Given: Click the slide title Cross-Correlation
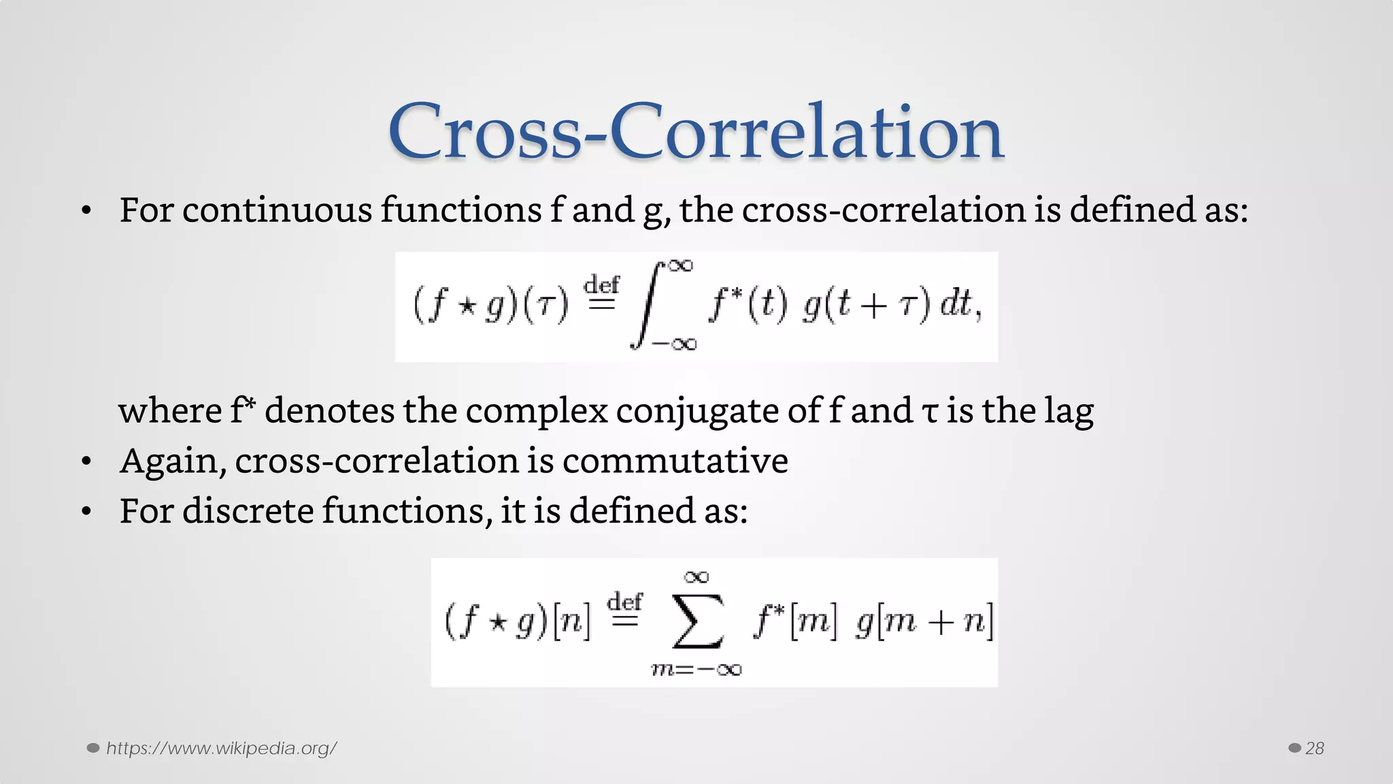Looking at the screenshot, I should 696,131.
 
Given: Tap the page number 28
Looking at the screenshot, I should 1314,749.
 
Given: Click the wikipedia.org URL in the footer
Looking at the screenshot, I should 222,749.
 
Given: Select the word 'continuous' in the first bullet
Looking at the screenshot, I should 277,210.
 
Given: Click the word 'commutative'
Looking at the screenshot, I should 675,461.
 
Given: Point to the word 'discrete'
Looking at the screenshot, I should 248,510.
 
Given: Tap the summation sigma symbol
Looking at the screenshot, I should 696,621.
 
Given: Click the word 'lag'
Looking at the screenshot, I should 1069,411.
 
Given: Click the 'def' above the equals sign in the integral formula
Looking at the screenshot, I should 602,284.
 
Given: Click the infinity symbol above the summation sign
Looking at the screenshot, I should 696,577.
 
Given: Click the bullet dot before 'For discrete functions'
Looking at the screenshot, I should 86,511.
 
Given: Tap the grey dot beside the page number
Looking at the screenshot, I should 1294,749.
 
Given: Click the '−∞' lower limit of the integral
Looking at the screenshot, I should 674,344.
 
